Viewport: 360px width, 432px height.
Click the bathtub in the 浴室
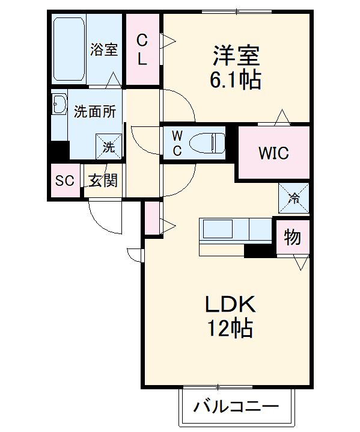[x=69, y=49]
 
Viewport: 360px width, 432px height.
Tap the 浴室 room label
[x=104, y=49]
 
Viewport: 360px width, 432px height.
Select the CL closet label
[x=142, y=49]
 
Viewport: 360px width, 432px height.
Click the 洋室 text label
[x=236, y=55]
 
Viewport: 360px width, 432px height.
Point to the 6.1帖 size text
[x=236, y=79]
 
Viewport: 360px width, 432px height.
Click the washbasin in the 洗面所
[x=59, y=104]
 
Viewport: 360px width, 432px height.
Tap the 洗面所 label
[x=95, y=111]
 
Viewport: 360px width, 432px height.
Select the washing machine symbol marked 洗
[x=109, y=147]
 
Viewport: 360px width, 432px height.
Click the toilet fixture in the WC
[x=207, y=143]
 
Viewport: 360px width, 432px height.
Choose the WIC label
[x=273, y=153]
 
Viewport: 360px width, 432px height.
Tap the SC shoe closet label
[x=65, y=181]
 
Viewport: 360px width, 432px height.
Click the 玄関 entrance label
[x=103, y=181]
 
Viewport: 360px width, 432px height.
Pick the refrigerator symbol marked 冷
[x=294, y=198]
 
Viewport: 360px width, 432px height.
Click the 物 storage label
[x=292, y=237]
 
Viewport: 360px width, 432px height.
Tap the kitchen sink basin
[x=218, y=229]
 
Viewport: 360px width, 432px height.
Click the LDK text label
[x=231, y=304]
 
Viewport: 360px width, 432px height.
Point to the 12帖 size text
[x=230, y=327]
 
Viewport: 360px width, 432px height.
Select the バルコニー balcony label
[x=236, y=407]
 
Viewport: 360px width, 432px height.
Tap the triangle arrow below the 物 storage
[x=301, y=263]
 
